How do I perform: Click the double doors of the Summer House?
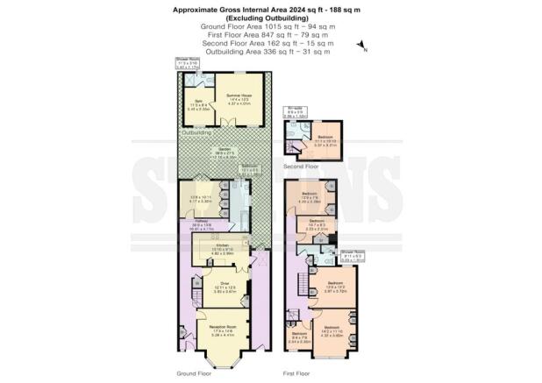[237, 126]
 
